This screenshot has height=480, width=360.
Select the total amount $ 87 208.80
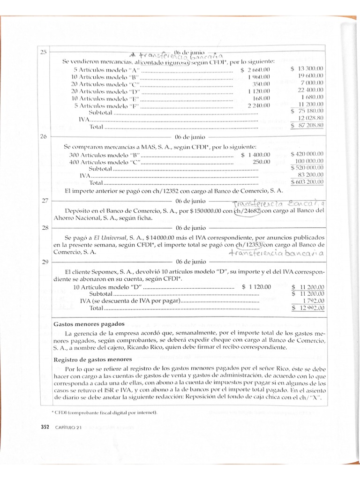pos(307,126)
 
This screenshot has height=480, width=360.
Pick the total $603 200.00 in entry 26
pos(307,182)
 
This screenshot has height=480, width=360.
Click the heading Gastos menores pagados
pos(89,324)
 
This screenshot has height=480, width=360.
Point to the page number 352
pos(45,426)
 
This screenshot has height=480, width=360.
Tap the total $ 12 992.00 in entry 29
pos(308,308)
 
